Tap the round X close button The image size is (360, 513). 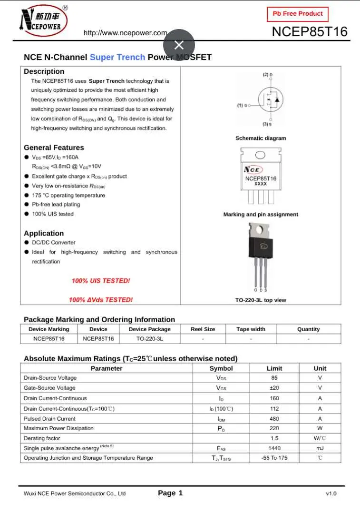pyautogui.click(x=179, y=45)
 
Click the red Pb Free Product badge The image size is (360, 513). pyautogui.click(x=298, y=14)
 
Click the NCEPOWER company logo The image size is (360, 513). pyautogui.click(x=43, y=21)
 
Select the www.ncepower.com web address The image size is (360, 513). pyautogui.click(x=125, y=33)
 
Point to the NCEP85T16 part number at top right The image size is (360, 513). pyautogui.click(x=309, y=32)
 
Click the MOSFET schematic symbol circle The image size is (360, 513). pyautogui.click(x=271, y=99)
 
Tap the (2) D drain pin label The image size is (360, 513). pyautogui.click(x=268, y=75)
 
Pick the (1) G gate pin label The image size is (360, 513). pyautogui.click(x=243, y=105)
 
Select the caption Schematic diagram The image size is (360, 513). pyautogui.click(x=261, y=138)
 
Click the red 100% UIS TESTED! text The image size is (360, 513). pyautogui.click(x=101, y=281)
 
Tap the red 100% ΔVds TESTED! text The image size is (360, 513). pyautogui.click(x=101, y=300)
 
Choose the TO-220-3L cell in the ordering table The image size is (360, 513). pyautogui.click(x=149, y=339)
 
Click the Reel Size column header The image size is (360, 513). pyautogui.click(x=203, y=329)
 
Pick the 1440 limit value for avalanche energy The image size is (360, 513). pyautogui.click(x=274, y=448)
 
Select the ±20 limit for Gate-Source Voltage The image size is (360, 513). pyautogui.click(x=274, y=388)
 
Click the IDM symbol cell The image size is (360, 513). pyautogui.click(x=221, y=419)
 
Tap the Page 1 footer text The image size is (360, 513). pyautogui.click(x=170, y=493)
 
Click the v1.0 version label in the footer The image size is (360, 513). pyautogui.click(x=331, y=493)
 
